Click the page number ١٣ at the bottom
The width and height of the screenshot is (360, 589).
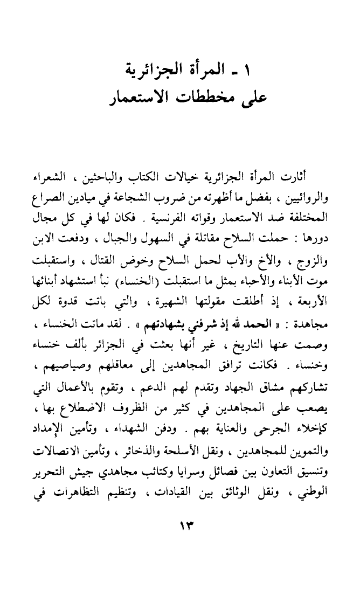[180, 525]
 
